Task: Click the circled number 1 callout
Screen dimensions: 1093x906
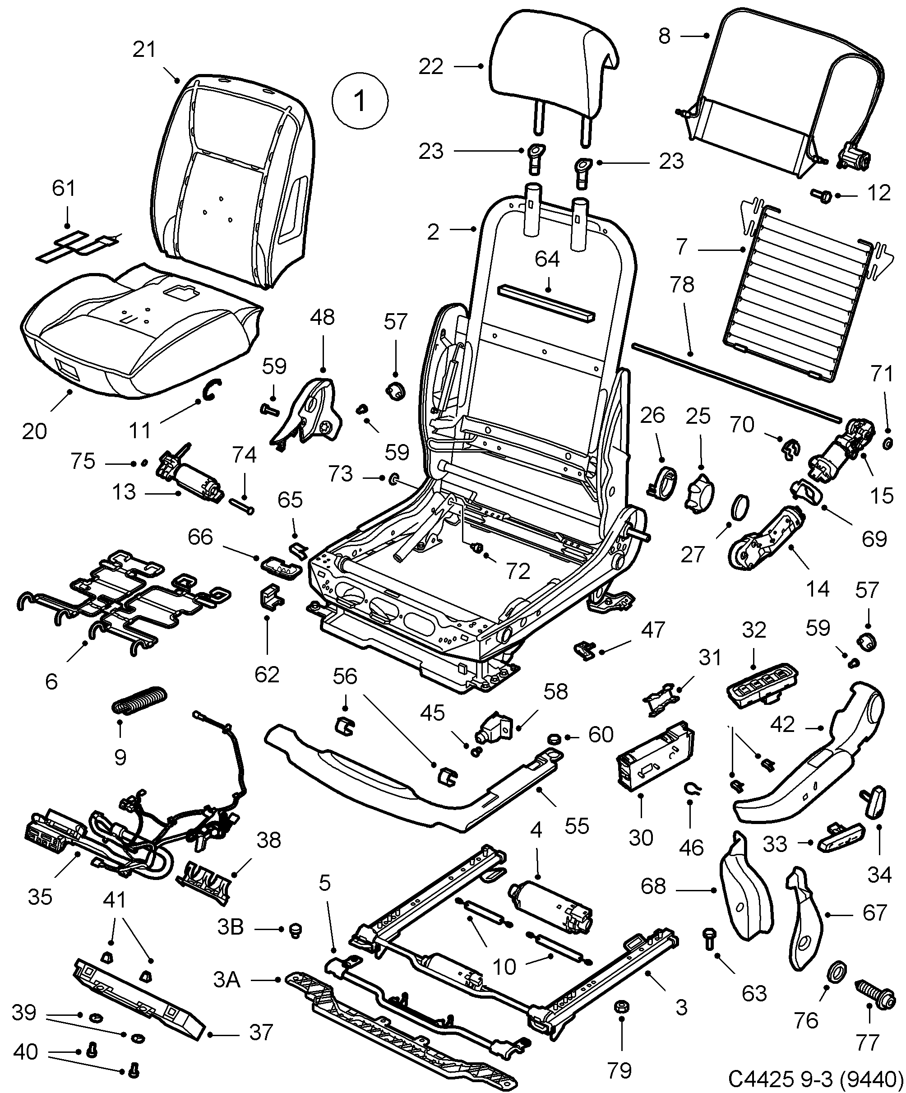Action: (x=360, y=101)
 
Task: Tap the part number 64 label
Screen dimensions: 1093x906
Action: (x=547, y=259)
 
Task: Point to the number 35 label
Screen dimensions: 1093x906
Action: (x=40, y=896)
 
